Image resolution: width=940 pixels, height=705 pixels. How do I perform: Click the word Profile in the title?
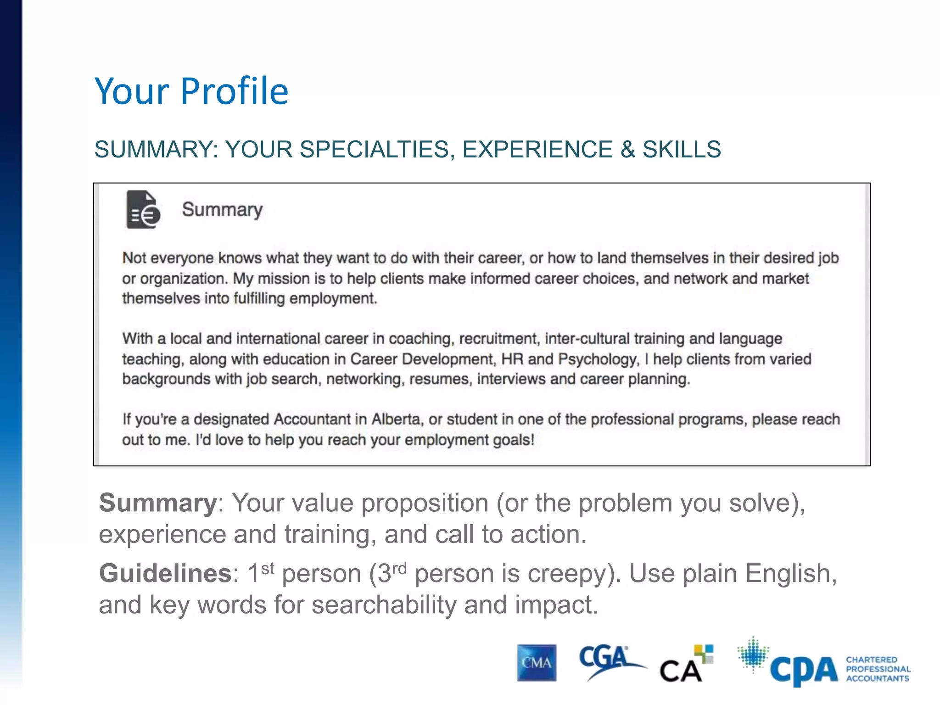pos(235,91)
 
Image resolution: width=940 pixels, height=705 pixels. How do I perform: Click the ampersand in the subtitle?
pos(627,150)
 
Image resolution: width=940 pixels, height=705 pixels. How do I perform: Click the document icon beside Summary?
pos(143,210)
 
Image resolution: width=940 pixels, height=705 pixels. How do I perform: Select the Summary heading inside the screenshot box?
pos(222,210)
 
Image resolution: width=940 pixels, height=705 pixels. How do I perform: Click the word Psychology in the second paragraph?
pos(598,359)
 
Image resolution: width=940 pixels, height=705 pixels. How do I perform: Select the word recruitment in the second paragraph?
pos(498,339)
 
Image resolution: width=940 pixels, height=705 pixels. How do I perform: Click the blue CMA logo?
pos(537,663)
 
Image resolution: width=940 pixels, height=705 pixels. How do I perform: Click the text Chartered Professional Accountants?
pos(878,669)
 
